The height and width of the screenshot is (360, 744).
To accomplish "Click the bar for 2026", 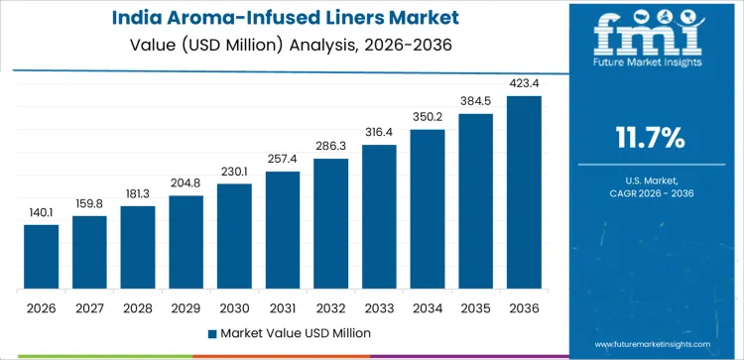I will (42, 257).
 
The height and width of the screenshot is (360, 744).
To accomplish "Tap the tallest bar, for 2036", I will (524, 192).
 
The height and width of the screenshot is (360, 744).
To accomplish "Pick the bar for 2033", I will (379, 217).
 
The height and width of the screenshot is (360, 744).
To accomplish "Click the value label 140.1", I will (42, 212).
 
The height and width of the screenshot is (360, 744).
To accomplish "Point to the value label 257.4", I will (283, 159).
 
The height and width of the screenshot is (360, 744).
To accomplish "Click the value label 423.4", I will (524, 83).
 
